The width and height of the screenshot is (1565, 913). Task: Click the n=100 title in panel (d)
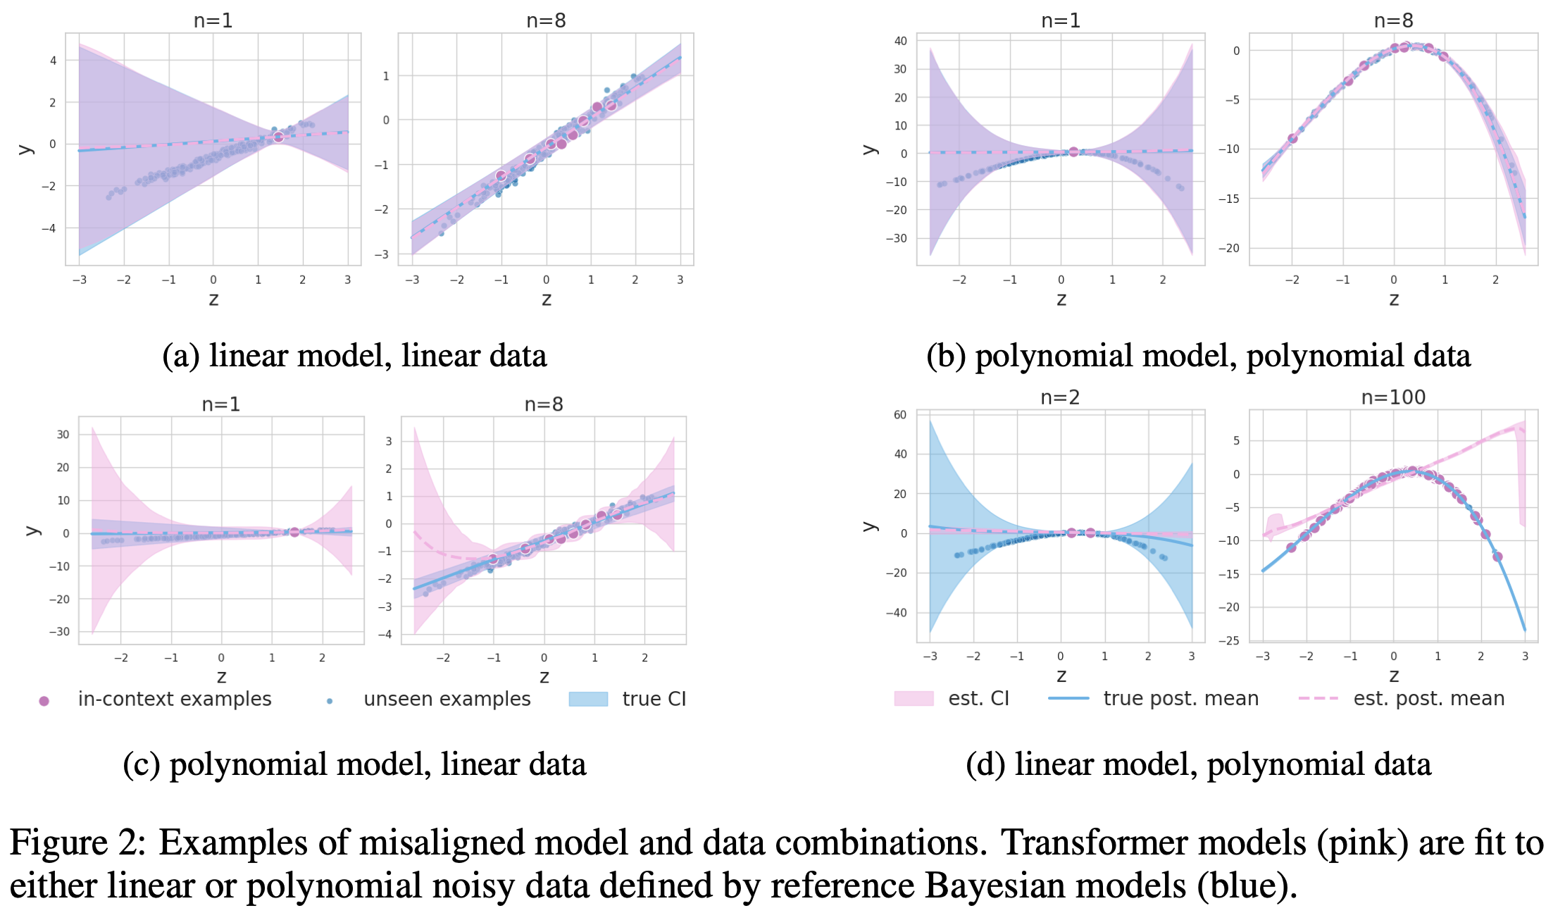tap(1392, 397)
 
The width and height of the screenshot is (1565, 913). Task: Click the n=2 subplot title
tap(1059, 397)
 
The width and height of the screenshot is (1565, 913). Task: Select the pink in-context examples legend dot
tap(44, 700)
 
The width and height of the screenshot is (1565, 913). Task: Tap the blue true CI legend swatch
tap(588, 699)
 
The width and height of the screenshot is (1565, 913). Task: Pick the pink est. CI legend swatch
tap(913, 698)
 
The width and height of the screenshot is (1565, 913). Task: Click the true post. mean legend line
tap(1068, 698)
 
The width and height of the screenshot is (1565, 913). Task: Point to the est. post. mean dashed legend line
tap(1317, 698)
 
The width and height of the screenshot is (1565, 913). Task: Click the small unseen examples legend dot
tap(330, 701)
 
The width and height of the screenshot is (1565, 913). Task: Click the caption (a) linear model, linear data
tap(354, 356)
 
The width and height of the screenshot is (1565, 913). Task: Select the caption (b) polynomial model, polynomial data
tap(1198, 356)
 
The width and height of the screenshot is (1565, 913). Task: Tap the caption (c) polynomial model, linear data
tap(354, 764)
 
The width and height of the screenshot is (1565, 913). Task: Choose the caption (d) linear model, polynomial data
tap(1198, 764)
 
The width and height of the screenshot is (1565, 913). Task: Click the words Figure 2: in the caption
tap(77, 843)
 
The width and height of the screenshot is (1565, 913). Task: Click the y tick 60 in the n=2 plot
tap(900, 415)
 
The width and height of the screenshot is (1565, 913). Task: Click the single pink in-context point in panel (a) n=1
tap(278, 137)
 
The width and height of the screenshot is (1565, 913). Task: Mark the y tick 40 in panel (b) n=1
tap(900, 41)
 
